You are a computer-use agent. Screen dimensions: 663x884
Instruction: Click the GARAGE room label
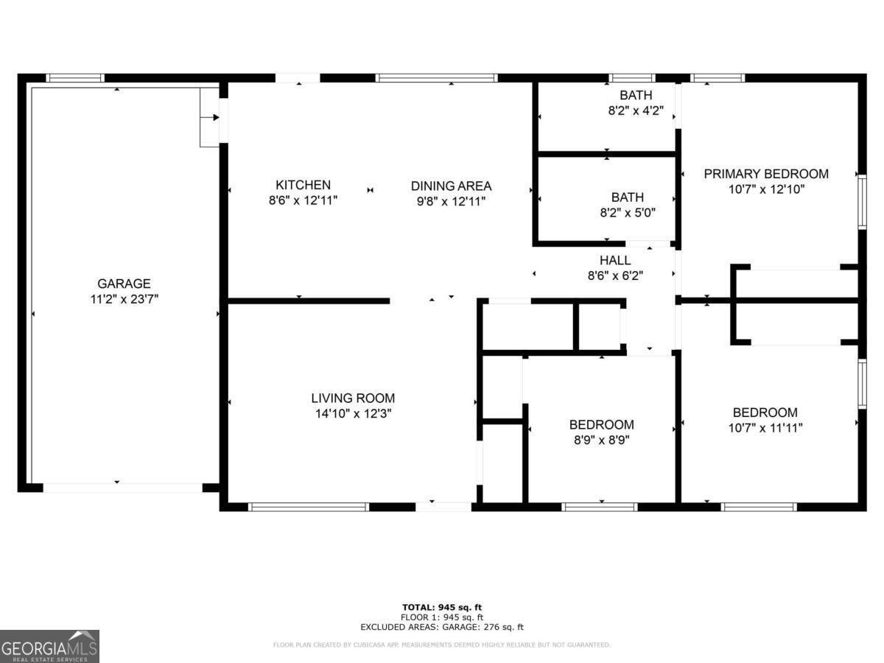pyautogui.click(x=124, y=284)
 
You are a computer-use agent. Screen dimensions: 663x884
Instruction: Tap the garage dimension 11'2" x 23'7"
pyautogui.click(x=124, y=299)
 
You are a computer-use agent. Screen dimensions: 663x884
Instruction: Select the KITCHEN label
pyautogui.click(x=303, y=185)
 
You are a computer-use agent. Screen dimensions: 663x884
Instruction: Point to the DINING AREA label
pyautogui.click(x=451, y=186)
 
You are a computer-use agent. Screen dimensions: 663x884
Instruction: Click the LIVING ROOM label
pyautogui.click(x=352, y=399)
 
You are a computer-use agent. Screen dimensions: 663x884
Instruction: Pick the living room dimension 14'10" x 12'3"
pyautogui.click(x=352, y=414)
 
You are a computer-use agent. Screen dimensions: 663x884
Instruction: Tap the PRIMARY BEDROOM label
pyautogui.click(x=766, y=174)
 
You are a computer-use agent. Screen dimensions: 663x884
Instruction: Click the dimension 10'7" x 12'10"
pyautogui.click(x=766, y=189)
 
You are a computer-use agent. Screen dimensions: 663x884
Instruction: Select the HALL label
pyautogui.click(x=614, y=260)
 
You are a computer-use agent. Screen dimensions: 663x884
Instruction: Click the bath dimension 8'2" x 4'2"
pyautogui.click(x=635, y=111)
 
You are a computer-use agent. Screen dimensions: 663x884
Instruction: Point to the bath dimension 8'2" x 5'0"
pyautogui.click(x=627, y=213)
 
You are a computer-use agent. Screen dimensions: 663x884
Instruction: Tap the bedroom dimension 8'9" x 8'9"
pyautogui.click(x=601, y=441)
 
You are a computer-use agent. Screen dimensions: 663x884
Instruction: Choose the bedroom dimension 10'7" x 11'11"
pyautogui.click(x=765, y=428)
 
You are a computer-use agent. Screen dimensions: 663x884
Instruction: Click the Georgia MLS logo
pyautogui.click(x=49, y=646)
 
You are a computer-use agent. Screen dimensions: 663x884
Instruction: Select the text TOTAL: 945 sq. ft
pyautogui.click(x=442, y=607)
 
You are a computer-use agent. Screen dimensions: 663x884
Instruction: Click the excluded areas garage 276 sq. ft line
pyautogui.click(x=442, y=627)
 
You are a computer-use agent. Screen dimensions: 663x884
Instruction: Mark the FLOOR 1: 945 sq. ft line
pyautogui.click(x=442, y=617)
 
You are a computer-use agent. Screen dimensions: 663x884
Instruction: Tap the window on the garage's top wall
pyautogui.click(x=75, y=77)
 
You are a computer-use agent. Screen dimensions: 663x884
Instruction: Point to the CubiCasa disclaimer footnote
pyautogui.click(x=442, y=645)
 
